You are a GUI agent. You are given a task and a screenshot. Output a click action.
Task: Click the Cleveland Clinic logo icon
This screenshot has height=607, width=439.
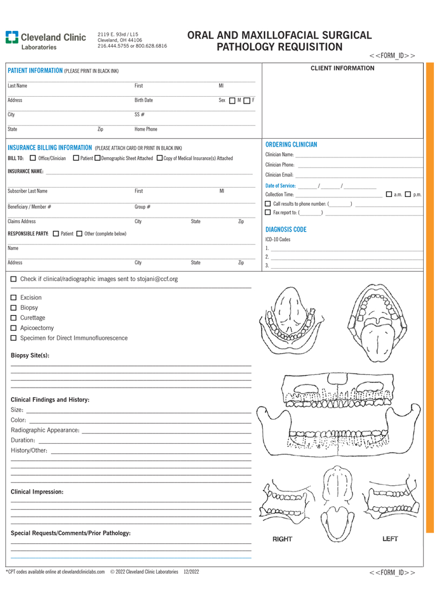[11, 37]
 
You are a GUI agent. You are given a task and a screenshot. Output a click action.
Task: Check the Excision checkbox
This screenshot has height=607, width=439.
[14, 297]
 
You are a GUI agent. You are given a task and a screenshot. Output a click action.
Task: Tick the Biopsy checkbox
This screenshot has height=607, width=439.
[14, 308]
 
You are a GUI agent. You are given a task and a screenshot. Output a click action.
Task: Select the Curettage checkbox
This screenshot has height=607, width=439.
[14, 318]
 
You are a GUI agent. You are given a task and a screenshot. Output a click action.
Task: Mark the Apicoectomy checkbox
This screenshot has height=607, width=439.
[14, 328]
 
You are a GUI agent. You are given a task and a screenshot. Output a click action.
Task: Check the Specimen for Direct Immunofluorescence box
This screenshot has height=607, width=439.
[14, 338]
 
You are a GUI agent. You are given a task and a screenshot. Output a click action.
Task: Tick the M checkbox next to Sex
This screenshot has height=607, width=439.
[232, 100]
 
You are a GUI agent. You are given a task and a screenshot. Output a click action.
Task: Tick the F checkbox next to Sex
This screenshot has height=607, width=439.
[246, 100]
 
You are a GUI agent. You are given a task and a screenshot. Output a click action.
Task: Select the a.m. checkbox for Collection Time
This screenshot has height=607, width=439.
[388, 194]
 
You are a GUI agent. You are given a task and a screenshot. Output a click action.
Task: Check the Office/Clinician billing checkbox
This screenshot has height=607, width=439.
[33, 158]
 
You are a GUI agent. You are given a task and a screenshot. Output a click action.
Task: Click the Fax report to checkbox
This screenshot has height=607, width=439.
[268, 211]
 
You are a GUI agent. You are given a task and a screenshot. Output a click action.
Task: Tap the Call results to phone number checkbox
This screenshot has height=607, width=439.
[268, 203]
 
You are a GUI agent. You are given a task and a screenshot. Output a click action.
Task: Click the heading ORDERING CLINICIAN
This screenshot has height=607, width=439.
[291, 145]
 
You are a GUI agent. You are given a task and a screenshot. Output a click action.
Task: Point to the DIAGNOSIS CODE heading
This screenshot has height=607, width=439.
[286, 229]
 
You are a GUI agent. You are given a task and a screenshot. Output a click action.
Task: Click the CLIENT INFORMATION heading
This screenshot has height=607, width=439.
[342, 68]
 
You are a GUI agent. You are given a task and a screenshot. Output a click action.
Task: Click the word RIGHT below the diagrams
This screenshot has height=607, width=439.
[282, 539]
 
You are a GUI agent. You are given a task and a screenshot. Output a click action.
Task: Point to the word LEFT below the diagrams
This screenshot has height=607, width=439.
[390, 539]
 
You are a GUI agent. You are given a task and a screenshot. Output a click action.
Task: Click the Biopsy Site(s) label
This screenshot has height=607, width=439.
[30, 355]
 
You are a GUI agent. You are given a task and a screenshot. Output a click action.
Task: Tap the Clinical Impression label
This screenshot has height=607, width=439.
[37, 492]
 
